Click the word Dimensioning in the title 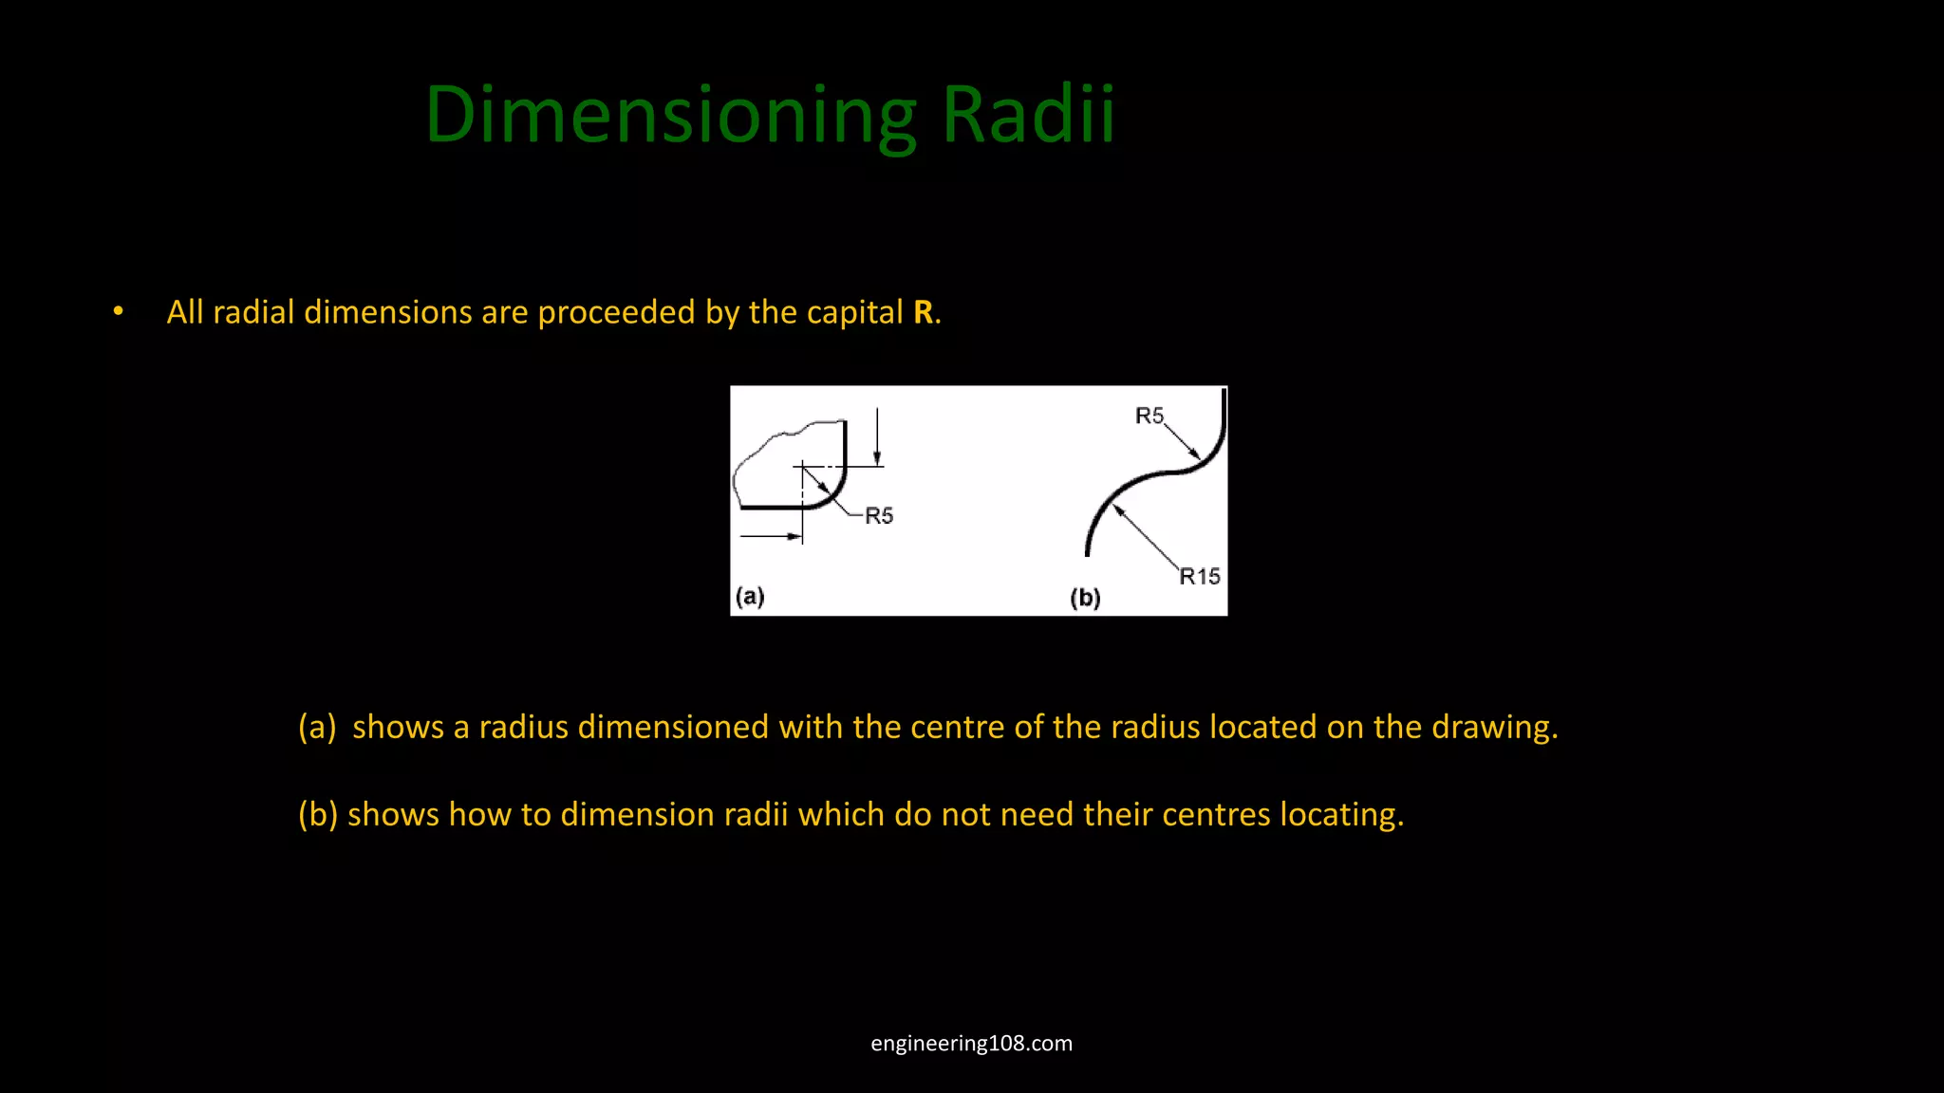670,116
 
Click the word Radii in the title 1027,116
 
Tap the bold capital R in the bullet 923,313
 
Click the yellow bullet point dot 118,311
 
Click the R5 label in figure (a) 879,516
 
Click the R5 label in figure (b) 1149,416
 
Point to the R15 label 1199,577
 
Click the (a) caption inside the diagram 750,597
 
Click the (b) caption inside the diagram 1085,598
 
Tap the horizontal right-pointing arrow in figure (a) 771,537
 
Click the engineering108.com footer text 971,1044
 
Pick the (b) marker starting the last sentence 318,815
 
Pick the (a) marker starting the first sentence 317,728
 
